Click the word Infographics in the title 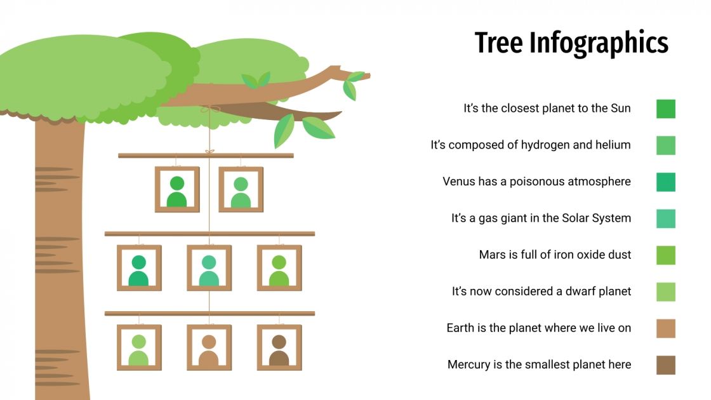599,43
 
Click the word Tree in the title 499,43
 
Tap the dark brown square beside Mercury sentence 666,365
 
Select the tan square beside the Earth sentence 666,328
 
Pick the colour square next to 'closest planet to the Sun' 666,109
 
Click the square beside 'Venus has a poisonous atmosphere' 666,182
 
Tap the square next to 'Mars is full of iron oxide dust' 666,255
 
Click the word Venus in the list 459,182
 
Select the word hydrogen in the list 547,145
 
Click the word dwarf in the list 580,291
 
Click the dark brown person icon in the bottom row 279,350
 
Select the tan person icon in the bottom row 209,350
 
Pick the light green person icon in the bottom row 138,350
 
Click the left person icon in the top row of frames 177,192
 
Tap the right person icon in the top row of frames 241,192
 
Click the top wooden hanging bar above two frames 206,156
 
